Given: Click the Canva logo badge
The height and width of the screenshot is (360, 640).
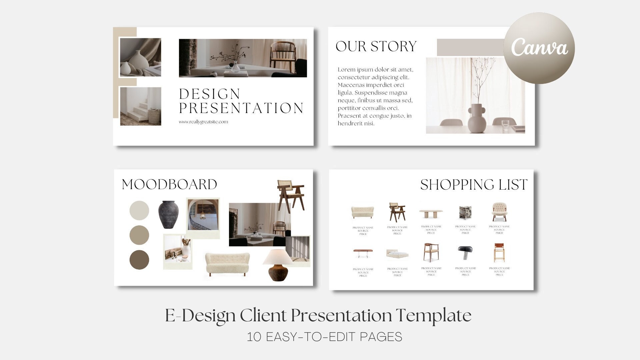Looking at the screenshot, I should [x=539, y=48].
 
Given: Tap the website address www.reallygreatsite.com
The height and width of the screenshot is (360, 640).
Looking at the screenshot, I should [x=203, y=122].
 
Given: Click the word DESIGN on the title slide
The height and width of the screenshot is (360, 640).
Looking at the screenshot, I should [x=210, y=94].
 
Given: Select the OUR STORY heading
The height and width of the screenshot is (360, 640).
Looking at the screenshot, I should [x=376, y=46].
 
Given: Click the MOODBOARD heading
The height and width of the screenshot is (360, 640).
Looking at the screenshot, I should [x=169, y=184].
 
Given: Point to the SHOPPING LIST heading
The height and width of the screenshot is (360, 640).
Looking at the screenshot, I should [x=474, y=185].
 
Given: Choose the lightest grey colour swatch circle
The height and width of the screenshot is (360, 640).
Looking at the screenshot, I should [x=139, y=210].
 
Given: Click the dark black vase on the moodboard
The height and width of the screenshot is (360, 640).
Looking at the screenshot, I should [x=169, y=214].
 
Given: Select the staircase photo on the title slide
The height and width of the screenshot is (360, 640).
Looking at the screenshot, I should [x=140, y=106].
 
